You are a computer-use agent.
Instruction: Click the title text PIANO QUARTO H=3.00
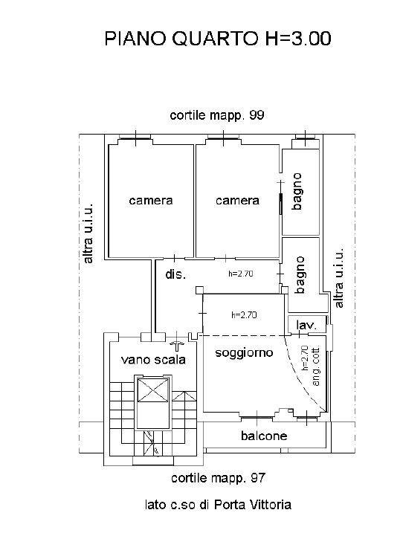point(218,39)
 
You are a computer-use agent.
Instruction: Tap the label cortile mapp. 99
point(217,115)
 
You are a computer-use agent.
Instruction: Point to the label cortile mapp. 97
point(218,478)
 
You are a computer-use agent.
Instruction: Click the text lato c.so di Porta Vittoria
point(218,505)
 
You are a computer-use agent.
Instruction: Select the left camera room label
point(151,201)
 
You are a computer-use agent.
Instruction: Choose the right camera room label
point(237,201)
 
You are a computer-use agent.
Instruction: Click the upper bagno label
point(297,191)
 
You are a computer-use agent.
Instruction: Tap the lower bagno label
point(300,274)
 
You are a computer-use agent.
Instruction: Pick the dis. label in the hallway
point(175,274)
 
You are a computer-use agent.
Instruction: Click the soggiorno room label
point(244,352)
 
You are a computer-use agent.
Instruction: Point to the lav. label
point(306,326)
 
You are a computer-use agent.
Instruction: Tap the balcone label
point(264,436)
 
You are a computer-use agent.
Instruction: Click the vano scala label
point(153,360)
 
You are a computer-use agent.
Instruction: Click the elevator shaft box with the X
point(152,390)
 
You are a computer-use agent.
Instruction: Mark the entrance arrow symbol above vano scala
point(177,346)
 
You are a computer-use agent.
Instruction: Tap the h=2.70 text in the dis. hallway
point(241,274)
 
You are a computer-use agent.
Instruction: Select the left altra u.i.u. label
point(88,233)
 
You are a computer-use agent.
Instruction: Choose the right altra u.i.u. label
point(338,278)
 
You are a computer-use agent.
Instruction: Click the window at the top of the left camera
point(135,138)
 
